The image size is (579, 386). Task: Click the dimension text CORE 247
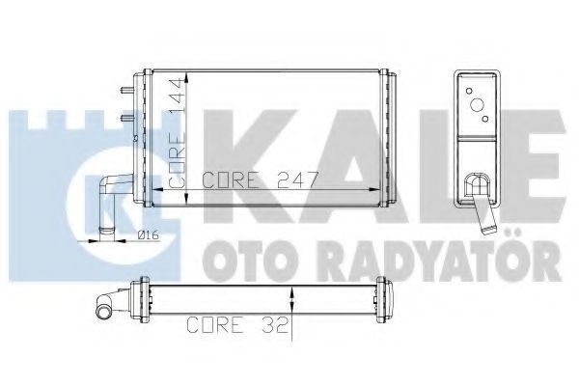click(x=260, y=179)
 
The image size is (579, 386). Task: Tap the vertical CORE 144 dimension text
click(x=177, y=132)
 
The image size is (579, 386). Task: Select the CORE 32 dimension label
click(x=237, y=324)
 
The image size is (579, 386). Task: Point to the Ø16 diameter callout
click(x=148, y=234)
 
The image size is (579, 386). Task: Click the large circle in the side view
click(x=477, y=105)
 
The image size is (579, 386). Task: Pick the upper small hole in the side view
click(x=469, y=91)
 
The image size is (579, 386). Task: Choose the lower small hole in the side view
click(x=485, y=119)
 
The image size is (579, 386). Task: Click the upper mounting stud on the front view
click(x=126, y=89)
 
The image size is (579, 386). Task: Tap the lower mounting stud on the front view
click(x=126, y=118)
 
